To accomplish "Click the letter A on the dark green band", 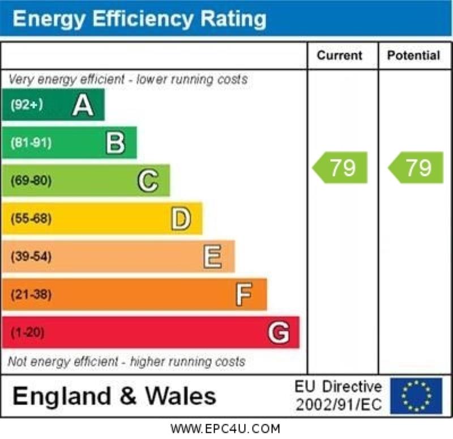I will coord(83,105).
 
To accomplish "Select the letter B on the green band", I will coord(116,143).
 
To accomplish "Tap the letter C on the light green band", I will coord(148,181).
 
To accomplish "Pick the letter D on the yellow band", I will coord(181,219).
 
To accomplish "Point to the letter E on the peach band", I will coord(212,257).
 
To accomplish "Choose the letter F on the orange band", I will coord(244,295).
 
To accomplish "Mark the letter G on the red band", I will coord(278,333).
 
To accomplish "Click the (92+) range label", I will coord(27,105).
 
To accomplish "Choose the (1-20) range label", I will coord(27,333).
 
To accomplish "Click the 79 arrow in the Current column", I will coord(341,167).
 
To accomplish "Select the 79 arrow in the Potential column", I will coord(416,167).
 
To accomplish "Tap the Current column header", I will coord(339,55).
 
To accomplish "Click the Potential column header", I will coord(413,55).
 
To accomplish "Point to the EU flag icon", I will coord(416,395).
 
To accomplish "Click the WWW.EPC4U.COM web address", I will coord(225,429).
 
